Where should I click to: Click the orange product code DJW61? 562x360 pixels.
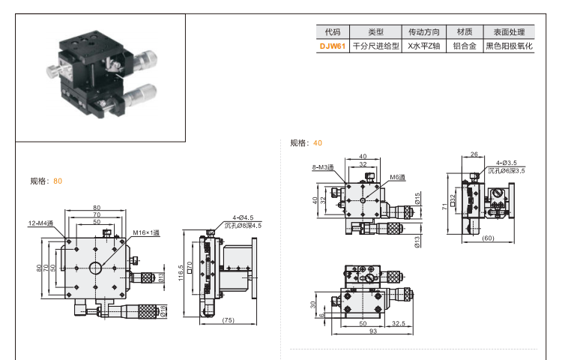tap(332, 46)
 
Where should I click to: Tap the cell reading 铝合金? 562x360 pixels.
tap(462, 46)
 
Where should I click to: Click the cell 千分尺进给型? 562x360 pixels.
tap(375, 46)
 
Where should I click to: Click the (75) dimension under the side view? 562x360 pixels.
tap(229, 320)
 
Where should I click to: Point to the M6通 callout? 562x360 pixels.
tap(396, 177)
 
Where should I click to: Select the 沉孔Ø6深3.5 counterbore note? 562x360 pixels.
tap(507, 170)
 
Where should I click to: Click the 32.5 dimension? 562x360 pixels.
tap(398, 323)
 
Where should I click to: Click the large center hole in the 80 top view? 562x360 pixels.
tap(96, 268)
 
